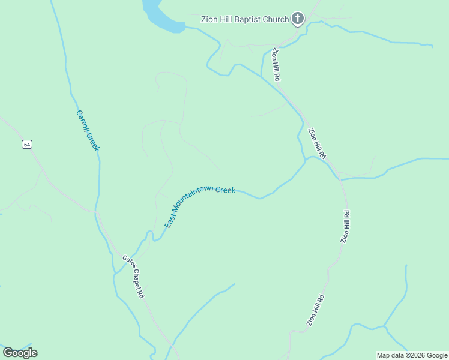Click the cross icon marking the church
tap(297, 19)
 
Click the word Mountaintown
tap(193, 197)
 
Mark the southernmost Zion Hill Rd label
tap(316, 310)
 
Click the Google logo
tap(20, 353)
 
